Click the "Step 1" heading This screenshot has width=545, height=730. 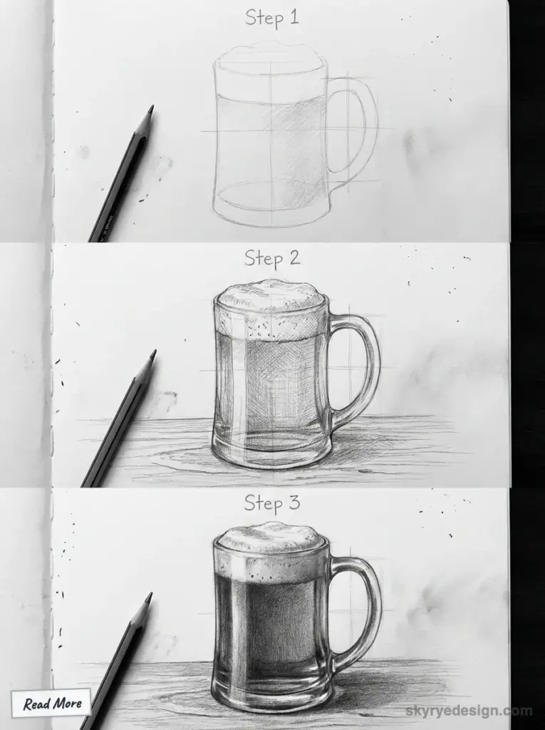271,17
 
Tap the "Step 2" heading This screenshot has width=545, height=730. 272,258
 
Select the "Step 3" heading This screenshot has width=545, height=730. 272,503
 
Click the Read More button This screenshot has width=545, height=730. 51,704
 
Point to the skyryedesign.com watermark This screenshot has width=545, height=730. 469,711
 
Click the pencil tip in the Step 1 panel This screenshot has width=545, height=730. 150,110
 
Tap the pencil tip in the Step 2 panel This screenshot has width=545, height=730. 152,354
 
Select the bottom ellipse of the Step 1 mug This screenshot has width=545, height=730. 271,196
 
